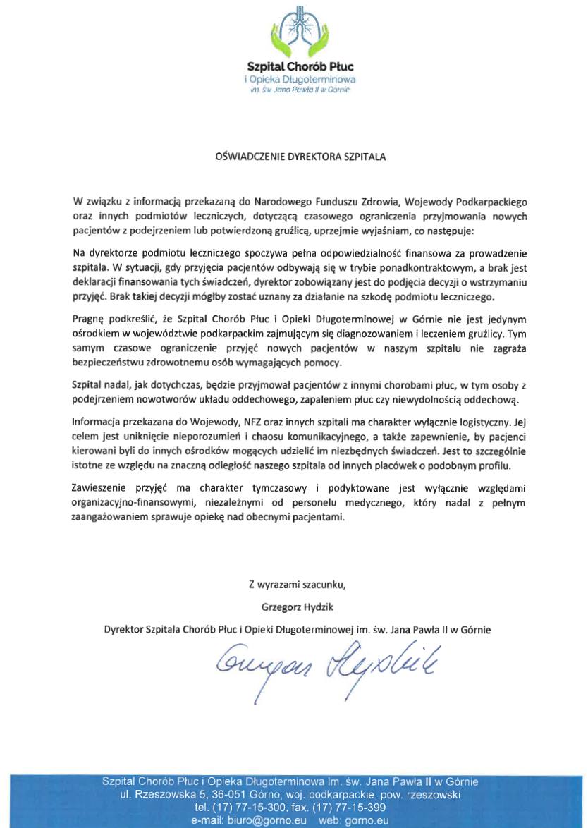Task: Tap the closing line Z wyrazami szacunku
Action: tap(297, 584)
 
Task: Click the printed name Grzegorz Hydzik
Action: tap(297, 605)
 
